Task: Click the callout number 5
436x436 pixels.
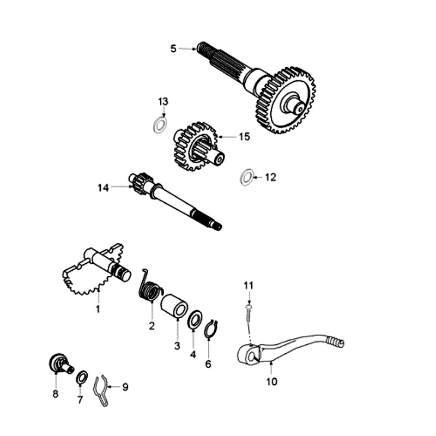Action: coord(173,49)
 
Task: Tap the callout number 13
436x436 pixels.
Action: coord(163,102)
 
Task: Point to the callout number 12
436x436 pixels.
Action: coord(270,177)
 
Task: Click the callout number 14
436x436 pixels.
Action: coord(103,188)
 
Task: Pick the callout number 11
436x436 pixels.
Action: coord(249,286)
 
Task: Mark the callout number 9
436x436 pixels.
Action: coord(125,387)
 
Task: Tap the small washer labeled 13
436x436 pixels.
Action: coord(159,124)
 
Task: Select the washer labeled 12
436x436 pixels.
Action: coord(246,177)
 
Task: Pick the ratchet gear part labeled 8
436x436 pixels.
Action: coord(58,363)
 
